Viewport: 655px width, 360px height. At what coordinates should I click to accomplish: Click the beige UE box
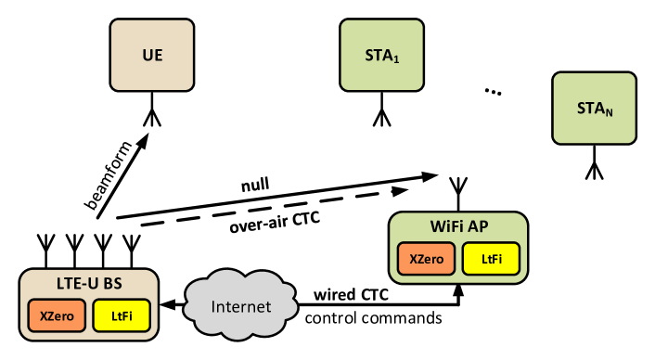[152, 56]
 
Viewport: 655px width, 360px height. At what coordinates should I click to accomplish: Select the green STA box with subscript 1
[381, 56]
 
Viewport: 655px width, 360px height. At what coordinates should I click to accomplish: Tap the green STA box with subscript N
[594, 109]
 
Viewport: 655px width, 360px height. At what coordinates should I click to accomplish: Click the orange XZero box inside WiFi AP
[427, 259]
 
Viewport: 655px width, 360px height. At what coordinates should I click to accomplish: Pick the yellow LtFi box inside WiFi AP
[491, 259]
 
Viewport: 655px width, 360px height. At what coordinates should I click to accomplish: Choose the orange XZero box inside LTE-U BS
[57, 316]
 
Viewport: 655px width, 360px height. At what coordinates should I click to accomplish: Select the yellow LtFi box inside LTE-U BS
[122, 316]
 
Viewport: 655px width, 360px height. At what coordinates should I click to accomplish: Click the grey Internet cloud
[241, 306]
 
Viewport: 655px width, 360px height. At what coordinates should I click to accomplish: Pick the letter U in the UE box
[147, 56]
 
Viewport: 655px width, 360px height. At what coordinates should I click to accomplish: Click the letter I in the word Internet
[214, 307]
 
